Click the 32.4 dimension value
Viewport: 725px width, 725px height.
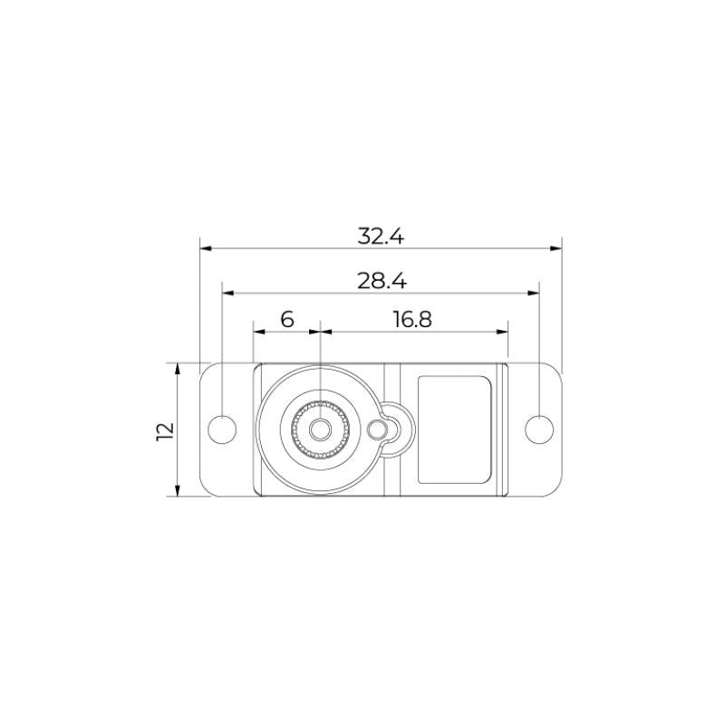[381, 236]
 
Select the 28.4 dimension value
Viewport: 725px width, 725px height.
[382, 281]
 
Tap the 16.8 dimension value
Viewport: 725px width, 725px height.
[412, 319]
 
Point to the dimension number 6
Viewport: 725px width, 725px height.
[287, 319]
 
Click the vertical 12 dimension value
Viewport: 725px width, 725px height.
[165, 431]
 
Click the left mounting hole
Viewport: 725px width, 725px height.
[222, 430]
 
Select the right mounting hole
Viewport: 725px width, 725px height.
[539, 430]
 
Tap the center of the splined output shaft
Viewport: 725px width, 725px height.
[320, 430]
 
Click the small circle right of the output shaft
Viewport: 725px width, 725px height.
[377, 430]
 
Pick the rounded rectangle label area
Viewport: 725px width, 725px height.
[455, 430]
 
